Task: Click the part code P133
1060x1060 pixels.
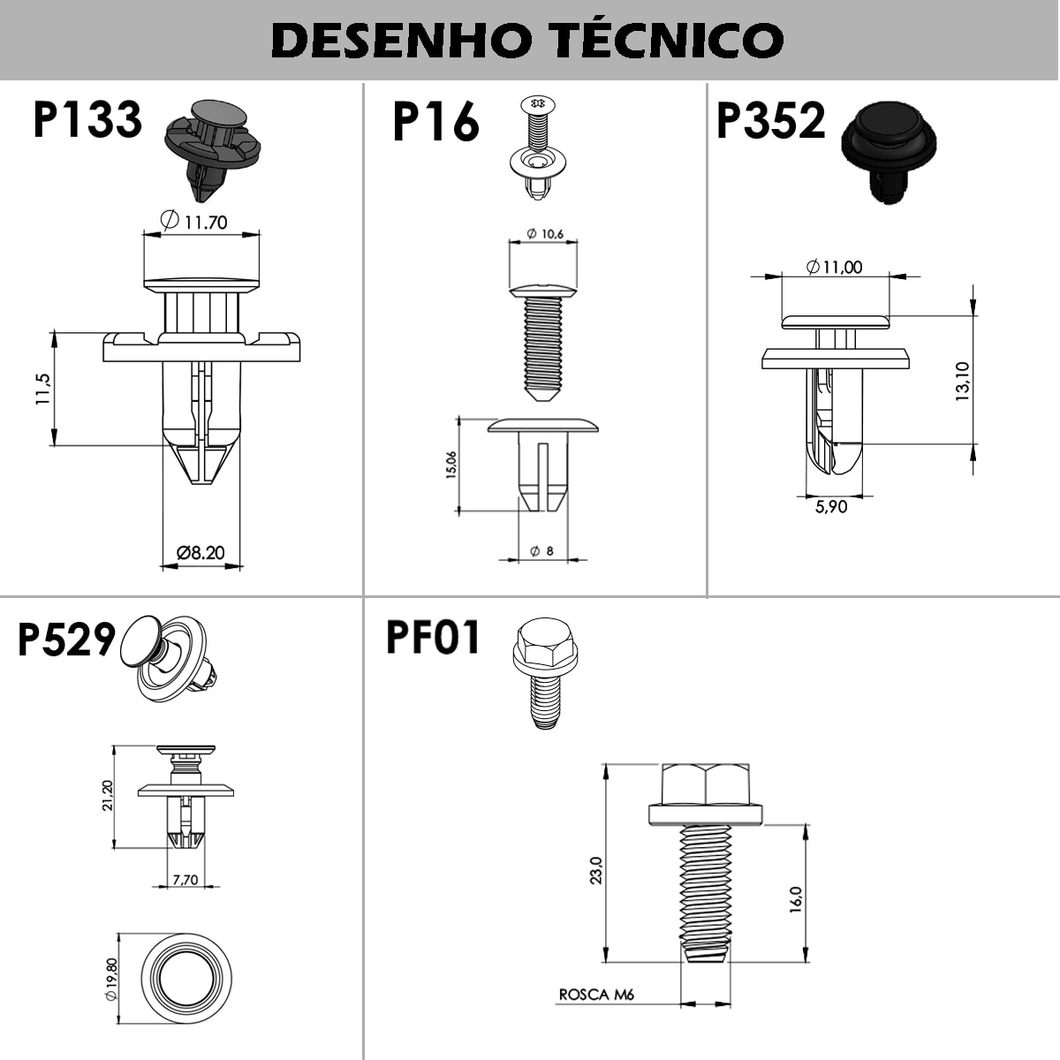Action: click(x=87, y=120)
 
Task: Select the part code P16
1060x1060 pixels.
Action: click(x=435, y=122)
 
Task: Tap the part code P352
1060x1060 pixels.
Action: click(x=770, y=120)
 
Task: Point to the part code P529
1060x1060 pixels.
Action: click(x=66, y=640)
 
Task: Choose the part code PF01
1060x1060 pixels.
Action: click(x=433, y=637)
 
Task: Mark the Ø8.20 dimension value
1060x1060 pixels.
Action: click(x=201, y=553)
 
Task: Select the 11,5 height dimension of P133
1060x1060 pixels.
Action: click(x=42, y=389)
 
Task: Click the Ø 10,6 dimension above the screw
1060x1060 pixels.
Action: click(x=545, y=233)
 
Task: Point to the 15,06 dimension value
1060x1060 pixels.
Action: click(x=451, y=465)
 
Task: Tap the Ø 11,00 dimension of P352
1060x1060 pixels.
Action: click(x=835, y=266)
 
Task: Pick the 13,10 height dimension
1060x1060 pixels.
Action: click(x=963, y=382)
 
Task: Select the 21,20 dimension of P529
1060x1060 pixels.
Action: click(x=108, y=796)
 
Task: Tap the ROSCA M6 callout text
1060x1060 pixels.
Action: click(x=597, y=995)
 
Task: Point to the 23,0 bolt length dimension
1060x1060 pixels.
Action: click(x=596, y=870)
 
